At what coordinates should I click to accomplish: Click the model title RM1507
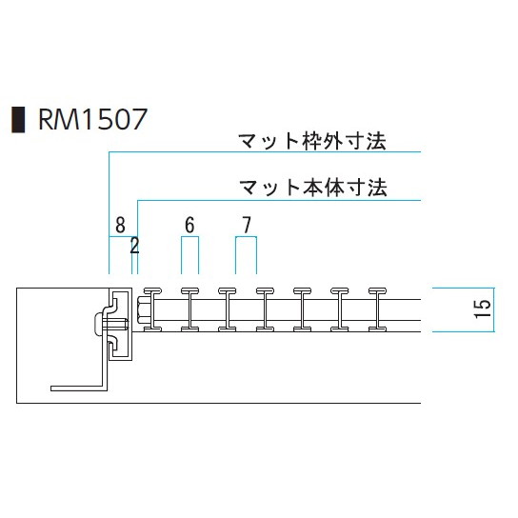92,120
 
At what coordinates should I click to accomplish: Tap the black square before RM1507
18,120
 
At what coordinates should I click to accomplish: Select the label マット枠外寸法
312,141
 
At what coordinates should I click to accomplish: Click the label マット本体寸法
313,188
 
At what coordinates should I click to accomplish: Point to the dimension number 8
120,225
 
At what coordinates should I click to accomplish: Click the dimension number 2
134,246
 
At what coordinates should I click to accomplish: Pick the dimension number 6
189,225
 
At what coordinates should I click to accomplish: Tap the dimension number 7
247,225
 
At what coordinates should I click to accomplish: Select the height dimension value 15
483,309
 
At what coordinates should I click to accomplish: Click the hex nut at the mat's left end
144,309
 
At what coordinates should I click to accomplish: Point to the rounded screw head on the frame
97,324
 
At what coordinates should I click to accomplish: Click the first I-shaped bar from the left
152,309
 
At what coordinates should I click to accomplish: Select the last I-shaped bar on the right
377,309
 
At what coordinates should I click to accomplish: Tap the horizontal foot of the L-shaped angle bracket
77,388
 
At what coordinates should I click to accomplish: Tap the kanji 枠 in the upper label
312,141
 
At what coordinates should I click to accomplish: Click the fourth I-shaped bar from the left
265,309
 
